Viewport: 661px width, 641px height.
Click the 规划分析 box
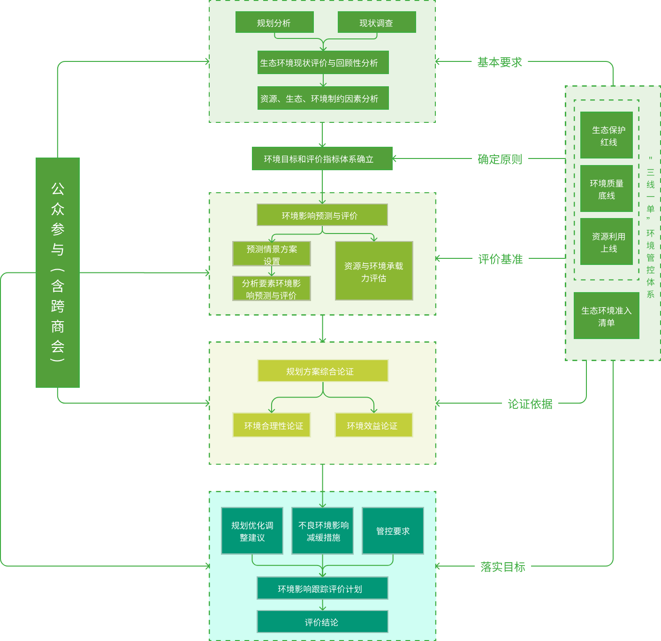click(x=274, y=23)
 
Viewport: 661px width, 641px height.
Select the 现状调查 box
click(x=376, y=23)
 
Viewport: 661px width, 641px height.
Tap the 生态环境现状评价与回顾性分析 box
click(x=323, y=62)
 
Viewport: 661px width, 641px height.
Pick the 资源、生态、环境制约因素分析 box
click(x=323, y=98)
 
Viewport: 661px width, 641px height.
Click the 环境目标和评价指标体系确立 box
click(x=322, y=158)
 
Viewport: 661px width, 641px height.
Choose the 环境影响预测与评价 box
click(x=322, y=215)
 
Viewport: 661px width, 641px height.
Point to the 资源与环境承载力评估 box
click(x=373, y=271)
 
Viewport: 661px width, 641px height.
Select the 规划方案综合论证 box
click(x=323, y=371)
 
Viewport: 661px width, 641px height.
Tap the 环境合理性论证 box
click(x=271, y=425)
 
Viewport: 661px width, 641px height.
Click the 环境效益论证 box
click(x=373, y=425)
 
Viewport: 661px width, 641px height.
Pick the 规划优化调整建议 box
click(x=252, y=531)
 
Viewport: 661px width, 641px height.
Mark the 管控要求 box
click(x=393, y=531)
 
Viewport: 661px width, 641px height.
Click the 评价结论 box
click(x=322, y=622)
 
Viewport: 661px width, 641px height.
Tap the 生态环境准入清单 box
click(x=606, y=316)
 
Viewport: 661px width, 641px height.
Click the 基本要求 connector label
click(x=500, y=62)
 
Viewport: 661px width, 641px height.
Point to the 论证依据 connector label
click(x=530, y=403)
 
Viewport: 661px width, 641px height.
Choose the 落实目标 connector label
click(x=502, y=566)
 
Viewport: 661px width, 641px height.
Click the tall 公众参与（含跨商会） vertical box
click(x=58, y=272)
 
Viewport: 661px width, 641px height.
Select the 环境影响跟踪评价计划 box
click(x=322, y=588)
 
